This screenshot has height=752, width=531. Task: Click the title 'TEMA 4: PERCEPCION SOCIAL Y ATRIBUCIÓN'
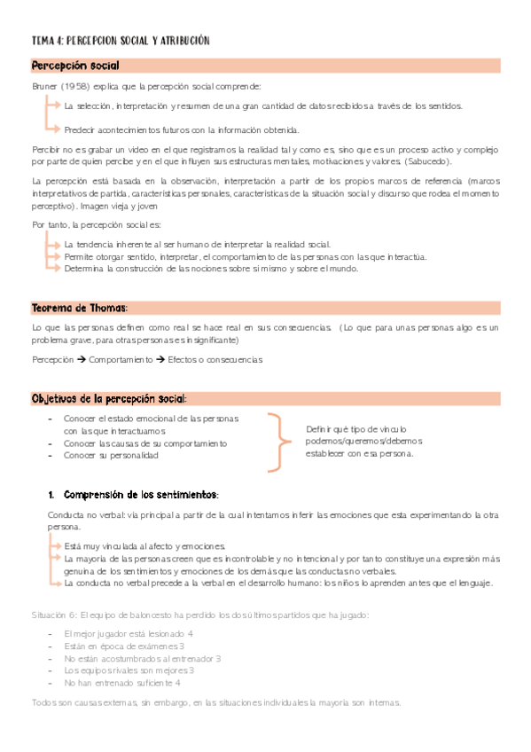point(120,41)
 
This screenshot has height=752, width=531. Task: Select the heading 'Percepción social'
point(75,67)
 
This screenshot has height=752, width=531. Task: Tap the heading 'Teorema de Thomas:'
point(80,308)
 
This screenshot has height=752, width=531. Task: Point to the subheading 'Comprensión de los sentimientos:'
point(141,494)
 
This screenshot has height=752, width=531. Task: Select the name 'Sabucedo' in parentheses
point(428,161)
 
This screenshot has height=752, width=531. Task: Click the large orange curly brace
point(279,441)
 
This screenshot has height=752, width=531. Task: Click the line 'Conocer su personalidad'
point(111,456)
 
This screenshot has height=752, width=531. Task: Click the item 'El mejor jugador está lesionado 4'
point(129,634)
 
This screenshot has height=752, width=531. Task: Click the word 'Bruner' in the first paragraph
point(45,86)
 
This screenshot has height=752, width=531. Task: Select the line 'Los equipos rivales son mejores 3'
point(129,671)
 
